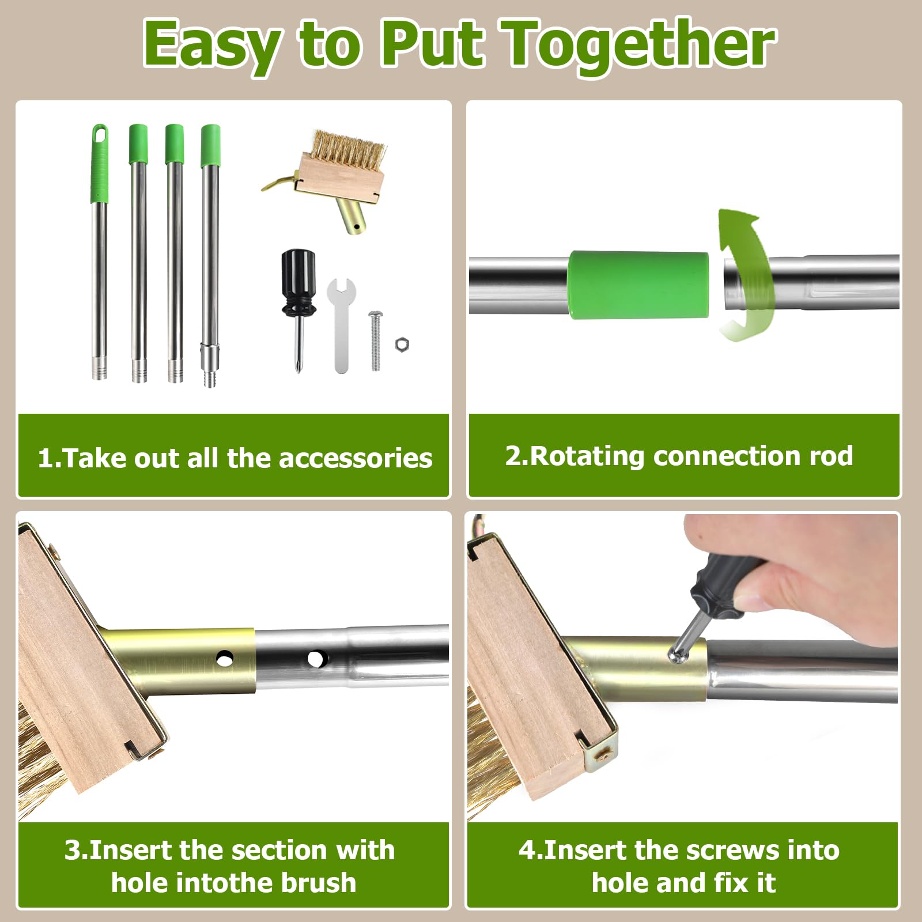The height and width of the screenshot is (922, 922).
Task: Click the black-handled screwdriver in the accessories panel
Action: tap(298, 311)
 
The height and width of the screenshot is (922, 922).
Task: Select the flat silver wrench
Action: tap(341, 325)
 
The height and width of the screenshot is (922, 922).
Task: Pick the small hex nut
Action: tap(402, 345)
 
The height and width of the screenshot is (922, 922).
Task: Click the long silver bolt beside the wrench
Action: tap(375, 340)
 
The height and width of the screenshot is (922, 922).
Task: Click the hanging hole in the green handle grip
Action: tap(100, 134)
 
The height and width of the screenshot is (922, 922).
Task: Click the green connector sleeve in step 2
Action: tap(638, 284)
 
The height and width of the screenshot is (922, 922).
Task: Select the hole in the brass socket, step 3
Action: tap(225, 658)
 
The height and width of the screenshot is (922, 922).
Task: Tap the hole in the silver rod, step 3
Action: tap(316, 658)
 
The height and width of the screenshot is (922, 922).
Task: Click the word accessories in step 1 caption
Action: tap(356, 459)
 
